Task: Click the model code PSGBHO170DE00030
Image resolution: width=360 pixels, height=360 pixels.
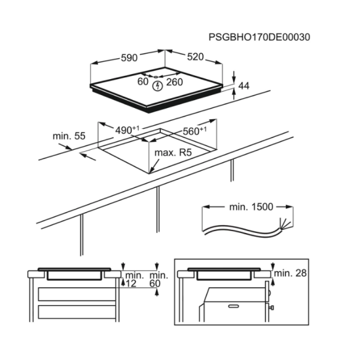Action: tap(259, 37)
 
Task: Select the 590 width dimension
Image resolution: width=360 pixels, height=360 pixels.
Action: tap(129, 58)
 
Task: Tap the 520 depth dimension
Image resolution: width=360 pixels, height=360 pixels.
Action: tap(196, 57)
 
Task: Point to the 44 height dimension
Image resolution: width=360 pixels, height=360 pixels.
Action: tap(244, 86)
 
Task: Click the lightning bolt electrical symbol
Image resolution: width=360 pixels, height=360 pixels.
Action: tap(158, 86)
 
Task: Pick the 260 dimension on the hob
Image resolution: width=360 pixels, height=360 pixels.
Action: tap(175, 82)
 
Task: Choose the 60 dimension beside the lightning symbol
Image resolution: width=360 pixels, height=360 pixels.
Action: tap(143, 82)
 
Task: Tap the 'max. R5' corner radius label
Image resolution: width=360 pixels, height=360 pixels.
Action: tap(173, 153)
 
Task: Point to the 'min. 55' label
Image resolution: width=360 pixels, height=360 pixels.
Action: tap(69, 136)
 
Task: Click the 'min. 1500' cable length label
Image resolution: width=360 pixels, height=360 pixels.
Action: tap(251, 207)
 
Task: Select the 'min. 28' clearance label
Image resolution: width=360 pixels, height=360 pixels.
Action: tap(290, 273)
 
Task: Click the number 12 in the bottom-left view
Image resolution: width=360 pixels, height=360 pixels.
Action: tap(131, 283)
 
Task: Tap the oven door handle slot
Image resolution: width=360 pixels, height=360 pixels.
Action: tap(234, 306)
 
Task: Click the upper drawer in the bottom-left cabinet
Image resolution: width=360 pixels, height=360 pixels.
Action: tap(77, 294)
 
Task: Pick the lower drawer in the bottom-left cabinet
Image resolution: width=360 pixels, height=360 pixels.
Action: tap(77, 312)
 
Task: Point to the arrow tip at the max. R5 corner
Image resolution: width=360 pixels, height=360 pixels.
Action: tap(150, 172)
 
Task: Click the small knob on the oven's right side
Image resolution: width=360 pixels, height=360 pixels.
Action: tap(272, 307)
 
